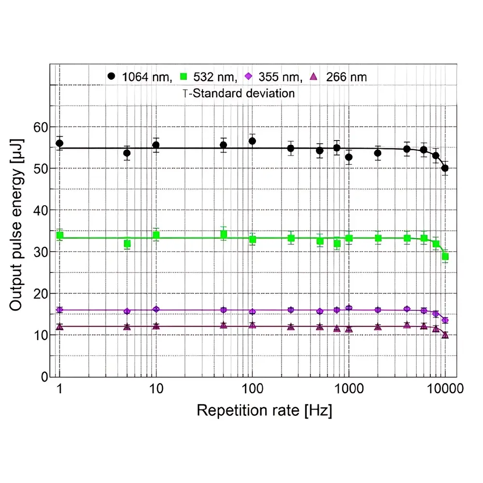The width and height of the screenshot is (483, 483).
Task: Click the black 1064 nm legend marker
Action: pos(112,76)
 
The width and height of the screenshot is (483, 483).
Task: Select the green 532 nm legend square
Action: pos(184,76)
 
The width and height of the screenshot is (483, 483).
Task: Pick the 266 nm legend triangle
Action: pos(313,76)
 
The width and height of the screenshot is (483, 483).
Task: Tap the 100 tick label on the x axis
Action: pos(252,389)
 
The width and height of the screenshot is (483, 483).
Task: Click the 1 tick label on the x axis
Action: pos(59,389)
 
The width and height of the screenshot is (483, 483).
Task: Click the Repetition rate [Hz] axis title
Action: pos(264,411)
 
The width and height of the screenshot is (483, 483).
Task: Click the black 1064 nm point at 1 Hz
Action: pos(59,143)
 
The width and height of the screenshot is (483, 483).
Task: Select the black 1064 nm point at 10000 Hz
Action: pos(445,168)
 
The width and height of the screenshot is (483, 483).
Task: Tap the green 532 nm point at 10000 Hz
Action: pos(445,256)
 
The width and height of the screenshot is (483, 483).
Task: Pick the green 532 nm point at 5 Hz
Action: pos(127,244)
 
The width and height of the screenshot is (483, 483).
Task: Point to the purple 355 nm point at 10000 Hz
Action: pos(445,320)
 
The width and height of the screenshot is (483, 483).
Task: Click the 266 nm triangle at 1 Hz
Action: pos(59,327)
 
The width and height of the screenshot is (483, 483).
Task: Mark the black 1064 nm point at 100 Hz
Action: pos(252,141)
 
